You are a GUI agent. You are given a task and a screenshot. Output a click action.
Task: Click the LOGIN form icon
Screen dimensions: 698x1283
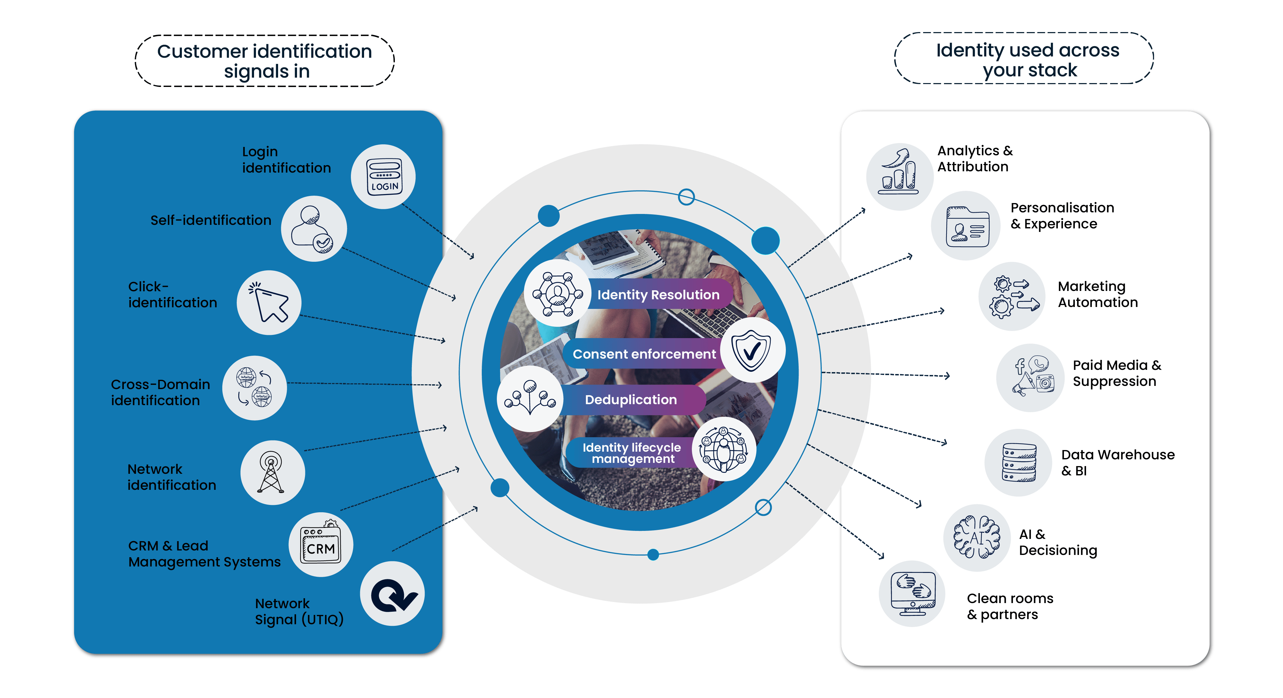(x=384, y=176)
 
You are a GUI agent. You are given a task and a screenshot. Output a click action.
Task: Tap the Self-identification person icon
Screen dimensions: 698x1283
(x=313, y=229)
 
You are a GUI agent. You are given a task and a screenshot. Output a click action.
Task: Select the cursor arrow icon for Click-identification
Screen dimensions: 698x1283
(x=269, y=303)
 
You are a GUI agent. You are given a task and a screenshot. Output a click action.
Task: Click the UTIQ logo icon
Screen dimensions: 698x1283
(x=393, y=594)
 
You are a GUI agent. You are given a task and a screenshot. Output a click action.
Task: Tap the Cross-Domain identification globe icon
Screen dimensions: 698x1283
(x=254, y=387)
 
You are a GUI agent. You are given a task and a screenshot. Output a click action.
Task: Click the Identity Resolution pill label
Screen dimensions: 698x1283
(x=658, y=295)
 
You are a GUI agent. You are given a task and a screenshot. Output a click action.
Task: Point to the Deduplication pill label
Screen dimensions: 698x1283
(x=631, y=400)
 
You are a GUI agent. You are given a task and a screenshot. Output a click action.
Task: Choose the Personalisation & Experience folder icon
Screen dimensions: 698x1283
(x=966, y=226)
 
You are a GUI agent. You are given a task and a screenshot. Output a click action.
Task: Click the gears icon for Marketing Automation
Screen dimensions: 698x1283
(x=1012, y=296)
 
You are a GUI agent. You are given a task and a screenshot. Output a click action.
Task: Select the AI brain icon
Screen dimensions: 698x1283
(x=976, y=538)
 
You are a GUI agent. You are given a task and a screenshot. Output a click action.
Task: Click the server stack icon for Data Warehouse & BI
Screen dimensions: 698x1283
(x=1018, y=462)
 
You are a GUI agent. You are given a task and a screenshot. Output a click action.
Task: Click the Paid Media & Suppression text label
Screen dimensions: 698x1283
(x=1117, y=373)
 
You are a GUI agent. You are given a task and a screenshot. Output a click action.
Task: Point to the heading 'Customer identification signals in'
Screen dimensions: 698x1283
(x=265, y=61)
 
